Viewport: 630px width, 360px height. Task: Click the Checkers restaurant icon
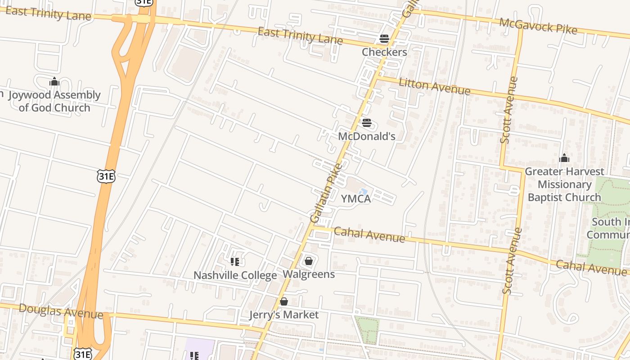(x=384, y=39)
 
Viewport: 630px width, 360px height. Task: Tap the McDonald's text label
(x=366, y=136)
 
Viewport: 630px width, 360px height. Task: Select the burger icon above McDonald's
(x=366, y=123)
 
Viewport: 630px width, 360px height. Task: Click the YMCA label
(x=355, y=198)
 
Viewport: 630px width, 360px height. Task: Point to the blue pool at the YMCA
(x=363, y=192)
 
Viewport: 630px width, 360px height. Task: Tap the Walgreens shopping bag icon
(x=309, y=261)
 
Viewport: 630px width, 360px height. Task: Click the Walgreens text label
(x=309, y=274)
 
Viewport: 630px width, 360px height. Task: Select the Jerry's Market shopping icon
(x=284, y=301)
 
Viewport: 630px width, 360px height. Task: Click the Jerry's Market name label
(x=284, y=315)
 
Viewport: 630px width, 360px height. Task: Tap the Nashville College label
(x=235, y=275)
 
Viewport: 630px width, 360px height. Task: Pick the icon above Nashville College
(x=234, y=261)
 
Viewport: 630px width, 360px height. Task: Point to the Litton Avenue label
(x=434, y=86)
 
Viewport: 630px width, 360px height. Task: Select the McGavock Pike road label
(x=538, y=26)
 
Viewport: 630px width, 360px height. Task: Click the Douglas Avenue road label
(x=61, y=311)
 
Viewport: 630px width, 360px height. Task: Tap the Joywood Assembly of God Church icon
(x=54, y=81)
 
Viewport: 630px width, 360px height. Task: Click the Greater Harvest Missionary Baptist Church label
(x=564, y=184)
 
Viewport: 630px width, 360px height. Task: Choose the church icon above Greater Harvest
(x=564, y=158)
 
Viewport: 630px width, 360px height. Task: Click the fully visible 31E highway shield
(x=106, y=176)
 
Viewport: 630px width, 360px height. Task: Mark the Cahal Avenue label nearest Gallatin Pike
(x=369, y=234)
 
